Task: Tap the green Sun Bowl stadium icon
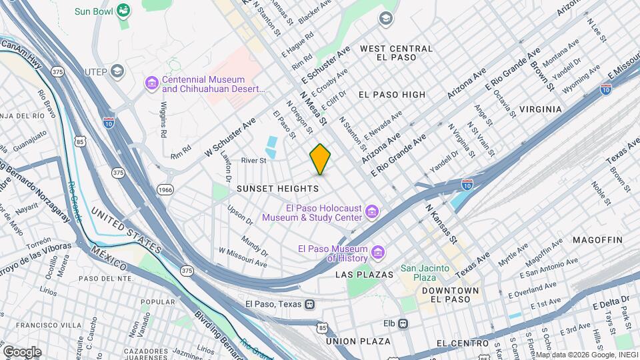[123, 10]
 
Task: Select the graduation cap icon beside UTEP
[117, 71]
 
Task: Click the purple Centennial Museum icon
[151, 83]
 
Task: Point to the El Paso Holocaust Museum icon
[373, 213]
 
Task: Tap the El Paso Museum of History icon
[378, 253]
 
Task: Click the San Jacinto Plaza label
[426, 273]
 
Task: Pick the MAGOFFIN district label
[597, 240]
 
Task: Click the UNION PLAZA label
[358, 341]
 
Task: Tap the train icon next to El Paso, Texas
[309, 304]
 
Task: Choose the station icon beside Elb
[403, 323]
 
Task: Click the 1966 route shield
[165, 190]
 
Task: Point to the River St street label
[253, 161]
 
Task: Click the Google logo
[22, 351]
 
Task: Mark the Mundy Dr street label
[254, 247]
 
